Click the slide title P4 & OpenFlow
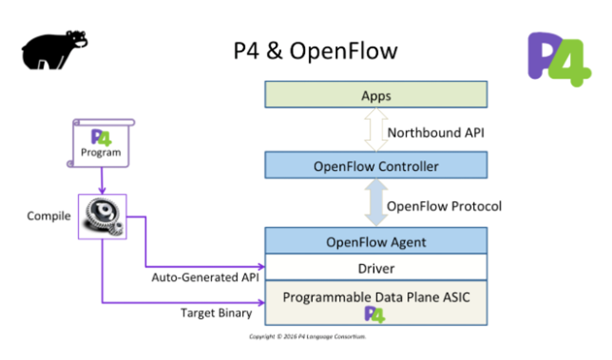(315, 51)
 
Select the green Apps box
(376, 95)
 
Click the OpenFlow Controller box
(376, 166)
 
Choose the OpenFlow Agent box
(376, 242)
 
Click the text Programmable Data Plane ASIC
(376, 297)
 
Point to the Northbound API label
(435, 133)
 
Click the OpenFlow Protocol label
(444, 206)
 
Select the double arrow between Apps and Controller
(375, 132)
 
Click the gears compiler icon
(102, 216)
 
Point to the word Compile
(49, 216)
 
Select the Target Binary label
(216, 313)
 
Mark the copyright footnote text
(308, 337)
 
